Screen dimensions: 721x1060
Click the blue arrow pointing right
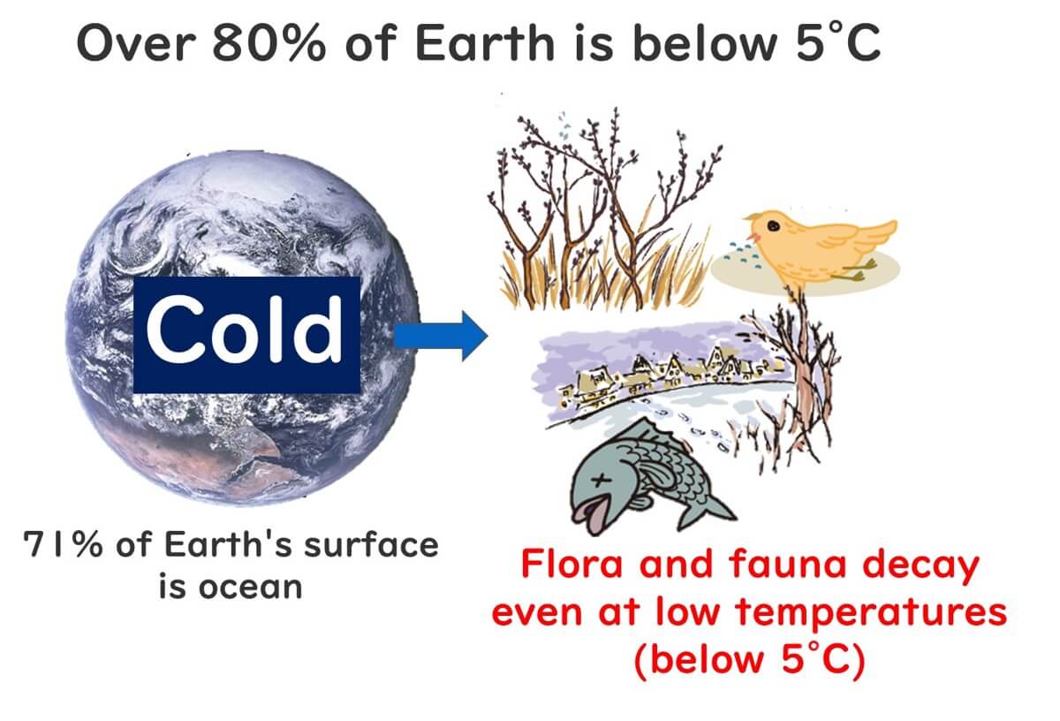click(x=440, y=336)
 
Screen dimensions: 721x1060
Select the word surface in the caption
click(x=371, y=544)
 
